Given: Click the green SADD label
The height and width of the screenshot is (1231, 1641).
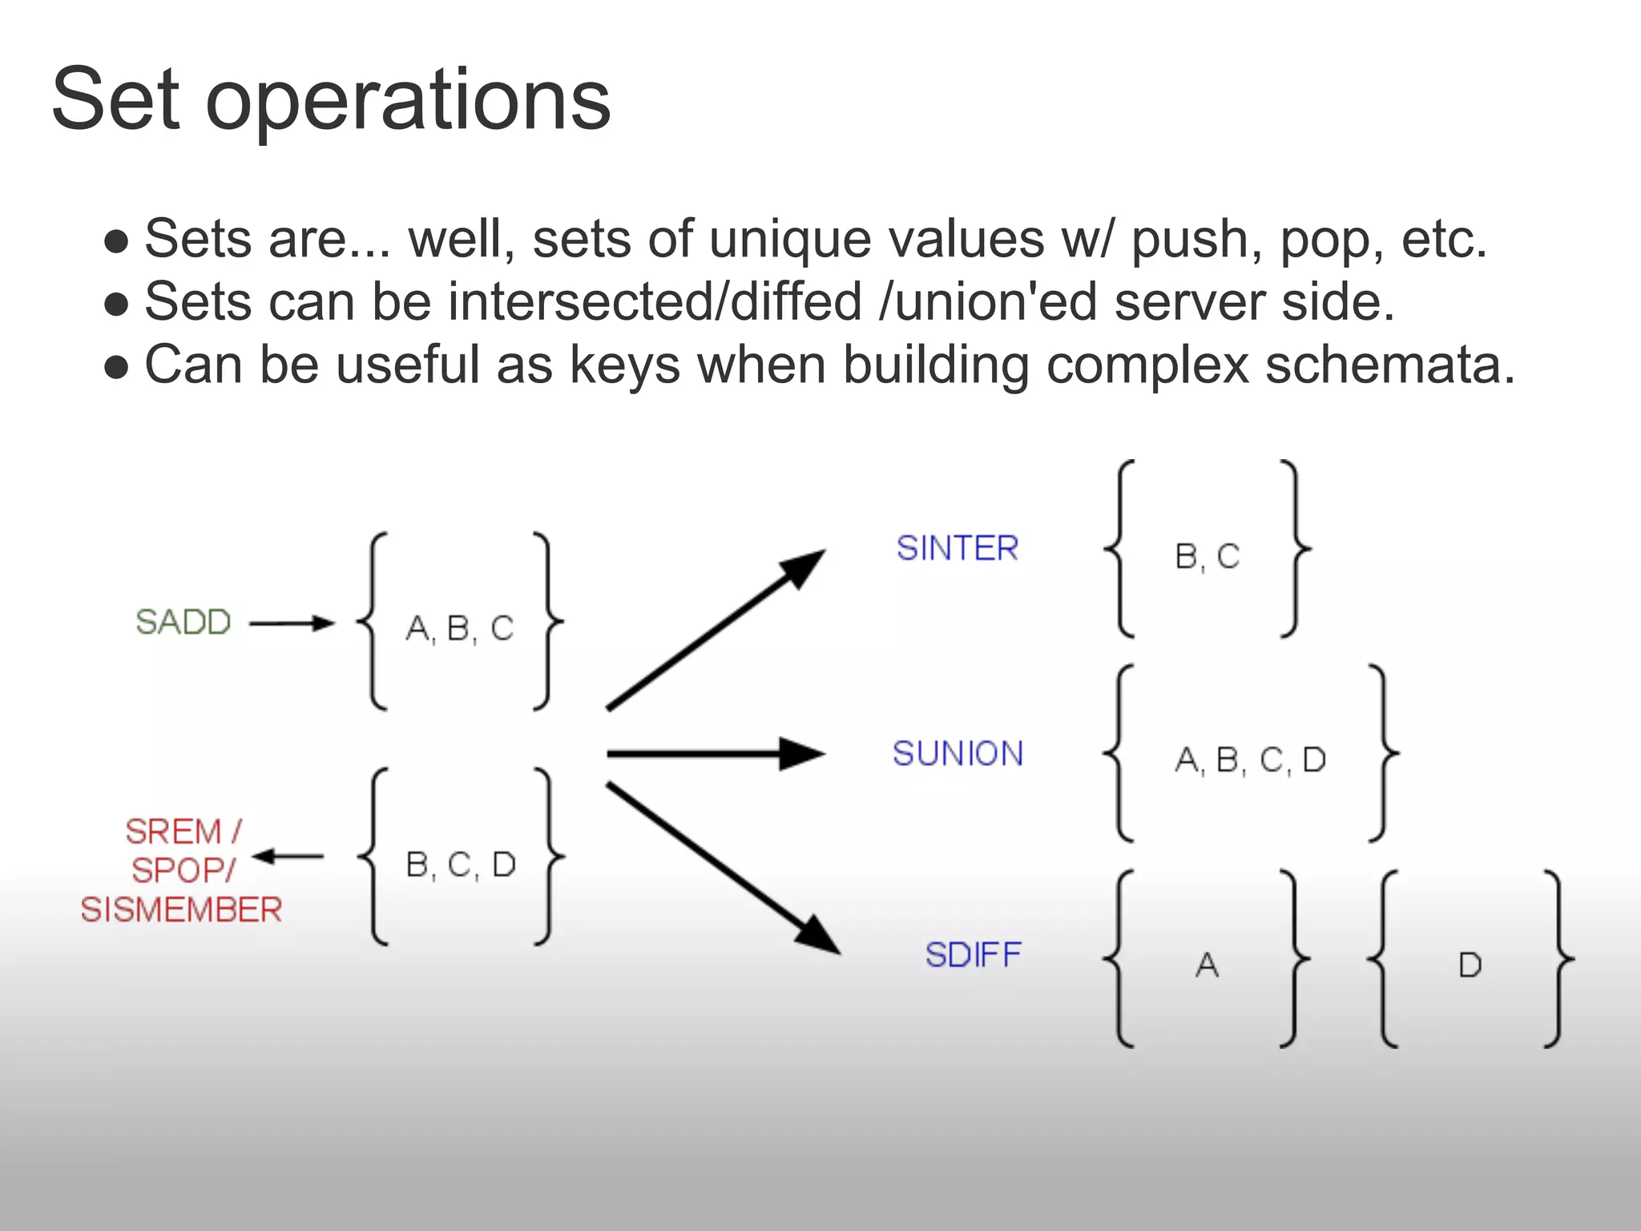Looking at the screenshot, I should pos(183,622).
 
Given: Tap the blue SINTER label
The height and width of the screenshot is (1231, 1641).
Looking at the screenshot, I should pos(958,549).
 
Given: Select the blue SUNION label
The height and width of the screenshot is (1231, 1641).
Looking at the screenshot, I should pos(958,754).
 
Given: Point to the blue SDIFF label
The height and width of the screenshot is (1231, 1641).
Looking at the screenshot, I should pos(974,955).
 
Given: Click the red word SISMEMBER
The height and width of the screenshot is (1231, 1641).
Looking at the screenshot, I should pos(181,910).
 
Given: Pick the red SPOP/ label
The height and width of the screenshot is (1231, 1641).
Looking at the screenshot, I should pos(183,871).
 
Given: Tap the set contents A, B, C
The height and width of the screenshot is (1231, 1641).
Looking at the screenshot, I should pos(460,628).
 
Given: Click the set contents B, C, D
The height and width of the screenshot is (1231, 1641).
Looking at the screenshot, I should pos(461,865).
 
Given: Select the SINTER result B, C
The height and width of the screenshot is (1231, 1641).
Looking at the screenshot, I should pos(1208,556).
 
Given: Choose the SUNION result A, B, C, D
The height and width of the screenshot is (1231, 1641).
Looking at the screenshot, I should pos(1251,760).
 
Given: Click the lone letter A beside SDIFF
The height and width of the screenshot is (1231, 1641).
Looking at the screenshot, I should pos(1208,965).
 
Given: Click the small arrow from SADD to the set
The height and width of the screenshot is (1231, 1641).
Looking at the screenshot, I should pos(292,623).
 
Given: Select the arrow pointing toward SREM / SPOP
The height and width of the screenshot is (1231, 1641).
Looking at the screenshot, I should pos(288,857).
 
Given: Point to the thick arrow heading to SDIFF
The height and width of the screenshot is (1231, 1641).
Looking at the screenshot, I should pos(722,868).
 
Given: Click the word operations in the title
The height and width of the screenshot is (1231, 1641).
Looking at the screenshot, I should pos(408,100).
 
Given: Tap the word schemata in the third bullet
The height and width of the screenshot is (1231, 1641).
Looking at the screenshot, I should pos(1390,365).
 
